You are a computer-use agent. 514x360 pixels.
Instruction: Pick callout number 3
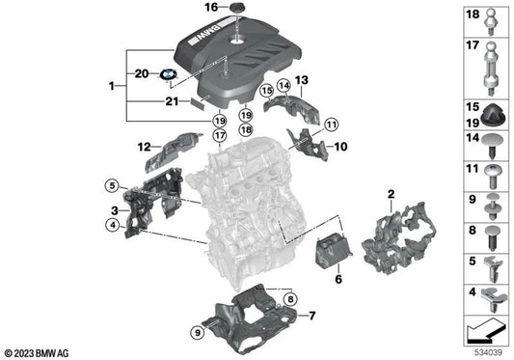(113, 209)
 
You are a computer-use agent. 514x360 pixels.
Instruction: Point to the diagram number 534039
(488, 352)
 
